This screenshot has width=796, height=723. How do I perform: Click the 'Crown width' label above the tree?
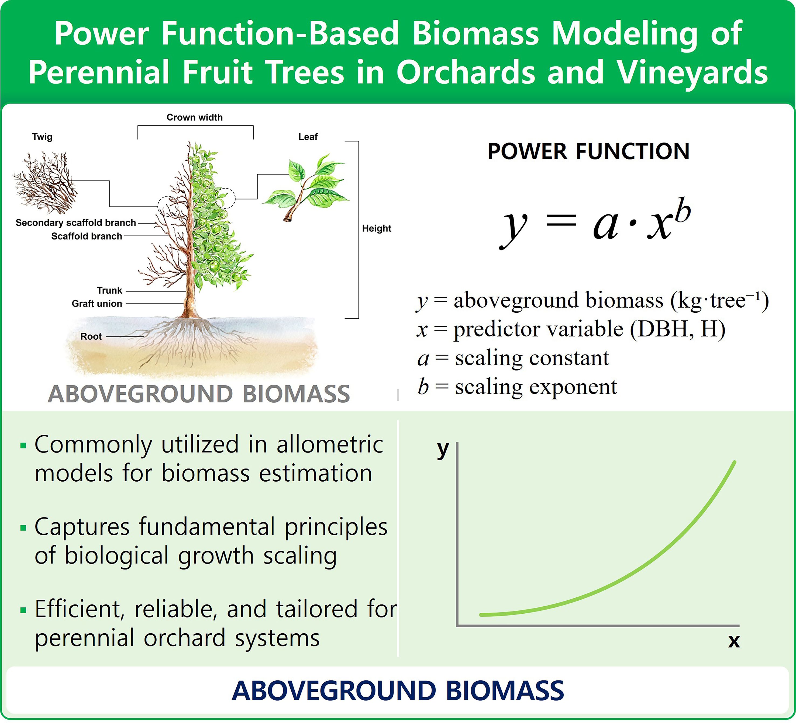(x=194, y=117)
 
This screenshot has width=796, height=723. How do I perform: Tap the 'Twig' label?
(x=42, y=137)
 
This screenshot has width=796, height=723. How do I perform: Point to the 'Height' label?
(x=376, y=228)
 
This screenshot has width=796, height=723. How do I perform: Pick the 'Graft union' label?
(x=97, y=304)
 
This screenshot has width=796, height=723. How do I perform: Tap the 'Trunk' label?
(x=109, y=290)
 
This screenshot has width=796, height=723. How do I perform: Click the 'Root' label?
(x=91, y=336)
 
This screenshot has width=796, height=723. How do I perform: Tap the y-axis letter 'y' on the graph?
(x=443, y=449)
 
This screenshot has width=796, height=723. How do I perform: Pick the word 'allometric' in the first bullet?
(x=330, y=444)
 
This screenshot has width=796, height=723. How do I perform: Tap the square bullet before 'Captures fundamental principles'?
(x=23, y=528)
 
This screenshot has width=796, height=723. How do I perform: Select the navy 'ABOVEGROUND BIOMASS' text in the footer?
(x=398, y=691)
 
